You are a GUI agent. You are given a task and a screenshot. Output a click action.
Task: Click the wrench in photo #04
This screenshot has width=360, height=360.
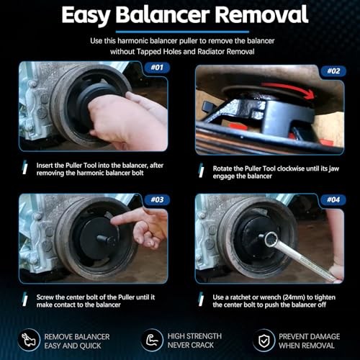299,256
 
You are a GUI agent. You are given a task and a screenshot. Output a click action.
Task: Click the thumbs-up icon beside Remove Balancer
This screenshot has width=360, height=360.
30,338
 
